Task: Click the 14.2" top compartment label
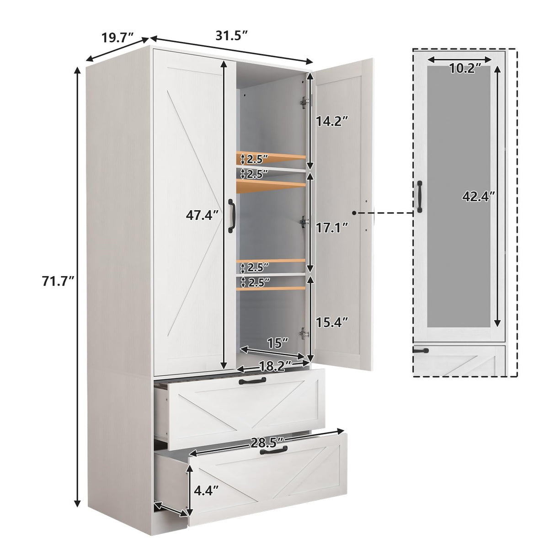[x=332, y=122]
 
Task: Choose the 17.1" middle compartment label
[x=332, y=225]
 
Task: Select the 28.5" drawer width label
[x=267, y=442]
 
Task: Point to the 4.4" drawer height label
[x=206, y=491]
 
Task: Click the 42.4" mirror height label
[x=479, y=197]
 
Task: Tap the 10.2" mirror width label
[x=464, y=69]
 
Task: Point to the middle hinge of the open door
[x=303, y=221]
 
